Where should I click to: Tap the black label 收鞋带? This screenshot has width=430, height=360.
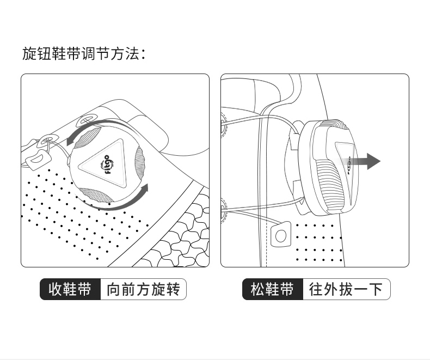point(70,289)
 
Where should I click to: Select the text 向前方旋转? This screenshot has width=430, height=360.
point(143,289)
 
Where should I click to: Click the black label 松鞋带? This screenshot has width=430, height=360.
point(272,289)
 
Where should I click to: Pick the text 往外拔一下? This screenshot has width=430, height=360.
point(346,289)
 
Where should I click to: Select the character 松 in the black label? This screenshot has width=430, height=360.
point(257,289)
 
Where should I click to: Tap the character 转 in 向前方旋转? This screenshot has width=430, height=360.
point(173,289)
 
